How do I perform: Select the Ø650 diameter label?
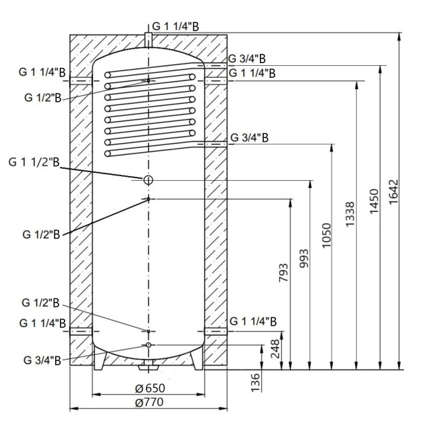[150, 388]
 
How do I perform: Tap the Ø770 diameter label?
[150, 402]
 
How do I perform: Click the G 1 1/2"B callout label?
[34, 162]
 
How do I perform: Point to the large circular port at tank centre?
[148, 179]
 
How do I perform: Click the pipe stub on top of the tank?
[148, 37]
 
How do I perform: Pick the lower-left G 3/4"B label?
[42, 360]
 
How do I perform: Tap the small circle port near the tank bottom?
[149, 345]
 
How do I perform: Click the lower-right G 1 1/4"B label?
[252, 321]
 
